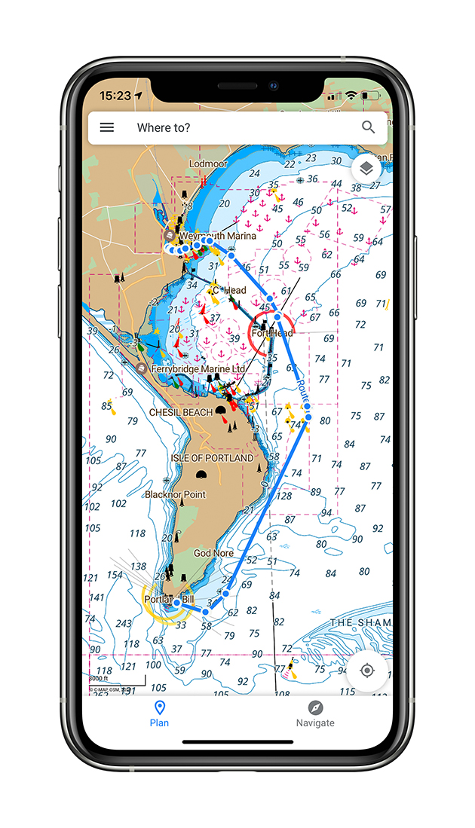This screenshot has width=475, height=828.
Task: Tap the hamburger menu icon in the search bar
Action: pos(107,127)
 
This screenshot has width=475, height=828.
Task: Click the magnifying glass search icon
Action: pos(368,127)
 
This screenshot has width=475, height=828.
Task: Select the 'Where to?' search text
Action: pos(164,127)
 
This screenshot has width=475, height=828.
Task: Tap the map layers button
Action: pos(366,169)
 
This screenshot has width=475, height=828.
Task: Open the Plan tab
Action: pos(159,713)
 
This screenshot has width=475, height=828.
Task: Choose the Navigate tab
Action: pos(315,713)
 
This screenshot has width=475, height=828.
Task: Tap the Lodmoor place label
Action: pos(207,163)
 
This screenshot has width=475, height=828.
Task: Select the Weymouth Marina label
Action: pos(217,236)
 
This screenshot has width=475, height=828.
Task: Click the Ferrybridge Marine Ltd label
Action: pos(198,369)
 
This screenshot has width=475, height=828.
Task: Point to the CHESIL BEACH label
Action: pos(181,413)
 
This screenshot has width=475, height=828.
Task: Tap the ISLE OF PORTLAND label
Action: pos(212,458)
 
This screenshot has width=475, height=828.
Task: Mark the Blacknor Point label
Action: pos(175,494)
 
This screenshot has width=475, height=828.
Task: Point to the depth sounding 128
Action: pos(283,496)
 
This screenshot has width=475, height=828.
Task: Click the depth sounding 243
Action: pos(124,624)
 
